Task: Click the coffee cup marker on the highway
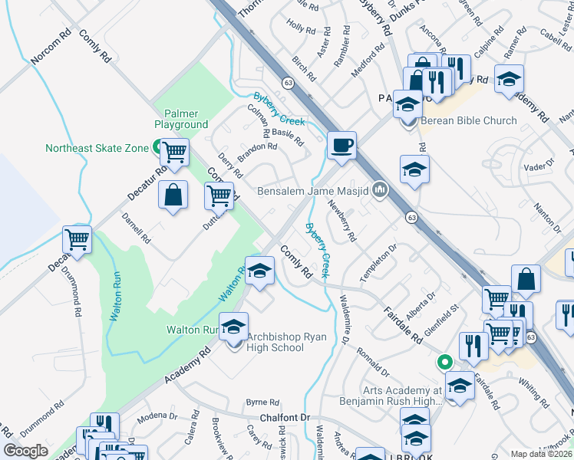(341, 144)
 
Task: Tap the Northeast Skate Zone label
(96, 148)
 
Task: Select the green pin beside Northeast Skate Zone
(157, 146)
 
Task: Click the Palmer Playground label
(181, 118)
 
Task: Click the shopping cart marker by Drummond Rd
(77, 240)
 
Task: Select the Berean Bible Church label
(468, 120)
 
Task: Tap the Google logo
(26, 451)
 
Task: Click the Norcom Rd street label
(51, 48)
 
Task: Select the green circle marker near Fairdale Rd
(443, 361)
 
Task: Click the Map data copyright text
(542, 454)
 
